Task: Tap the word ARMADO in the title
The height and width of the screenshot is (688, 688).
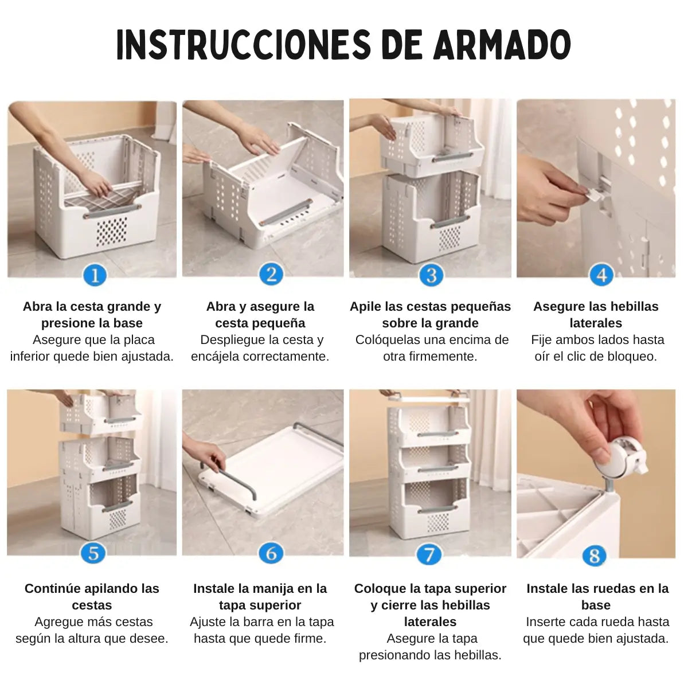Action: click(502, 45)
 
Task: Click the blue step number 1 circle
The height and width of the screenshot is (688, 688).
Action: click(95, 275)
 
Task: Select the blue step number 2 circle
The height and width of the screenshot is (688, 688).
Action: click(271, 274)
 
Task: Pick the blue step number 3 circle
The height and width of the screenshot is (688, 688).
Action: click(431, 275)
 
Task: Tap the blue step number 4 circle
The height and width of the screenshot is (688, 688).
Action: click(601, 275)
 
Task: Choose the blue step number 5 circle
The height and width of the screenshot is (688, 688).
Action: click(93, 554)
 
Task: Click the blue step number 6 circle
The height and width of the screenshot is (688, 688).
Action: click(271, 554)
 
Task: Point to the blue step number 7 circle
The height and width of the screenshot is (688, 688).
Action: click(429, 554)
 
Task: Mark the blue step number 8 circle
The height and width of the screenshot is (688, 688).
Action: click(594, 556)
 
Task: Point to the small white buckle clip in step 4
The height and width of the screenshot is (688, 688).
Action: click(596, 194)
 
